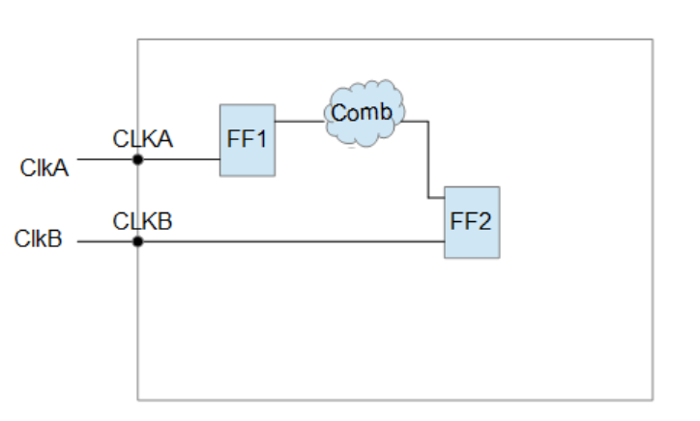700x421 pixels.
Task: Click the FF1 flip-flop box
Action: pos(247,140)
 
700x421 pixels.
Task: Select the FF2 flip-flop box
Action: pos(472,222)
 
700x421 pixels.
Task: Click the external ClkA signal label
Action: pos(44,168)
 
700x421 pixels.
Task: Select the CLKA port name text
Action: pos(142,139)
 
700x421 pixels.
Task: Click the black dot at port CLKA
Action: pos(137,159)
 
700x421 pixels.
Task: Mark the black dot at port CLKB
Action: pos(137,240)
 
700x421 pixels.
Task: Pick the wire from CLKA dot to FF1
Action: pos(179,159)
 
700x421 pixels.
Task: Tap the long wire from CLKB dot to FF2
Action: pos(290,240)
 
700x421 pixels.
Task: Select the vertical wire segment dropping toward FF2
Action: pos(427,159)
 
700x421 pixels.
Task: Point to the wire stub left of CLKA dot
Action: pos(106,159)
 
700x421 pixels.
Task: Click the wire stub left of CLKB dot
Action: pos(106,240)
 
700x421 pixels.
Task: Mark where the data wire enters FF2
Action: pos(444,198)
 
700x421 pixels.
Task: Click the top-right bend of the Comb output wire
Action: pos(427,122)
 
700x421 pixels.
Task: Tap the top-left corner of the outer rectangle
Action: pos(137,40)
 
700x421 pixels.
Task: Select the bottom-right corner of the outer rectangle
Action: pos(653,399)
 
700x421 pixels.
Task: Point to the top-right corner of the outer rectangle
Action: pos(653,40)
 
